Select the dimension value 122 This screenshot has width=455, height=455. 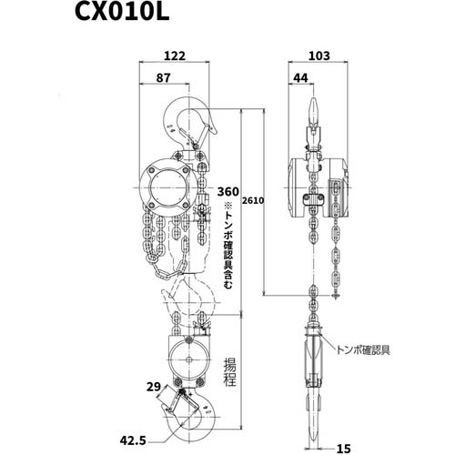pyautogui.click(x=177, y=55)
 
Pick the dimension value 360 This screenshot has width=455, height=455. pyautogui.click(x=228, y=192)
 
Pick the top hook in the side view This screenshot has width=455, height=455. pyautogui.click(x=311, y=114)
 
